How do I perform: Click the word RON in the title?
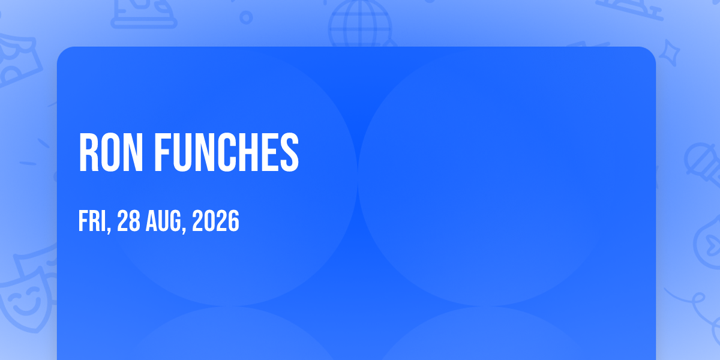[110, 152]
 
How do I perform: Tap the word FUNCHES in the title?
[227, 152]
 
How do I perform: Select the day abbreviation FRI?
[92, 221]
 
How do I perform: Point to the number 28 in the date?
[128, 221]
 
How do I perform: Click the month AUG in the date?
[163, 221]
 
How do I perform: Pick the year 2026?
[215, 221]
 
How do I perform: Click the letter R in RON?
[88, 152]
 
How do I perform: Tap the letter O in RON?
[110, 152]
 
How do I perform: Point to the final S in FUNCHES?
[289, 152]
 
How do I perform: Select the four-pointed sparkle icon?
[670, 53]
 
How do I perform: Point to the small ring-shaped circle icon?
[246, 17]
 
